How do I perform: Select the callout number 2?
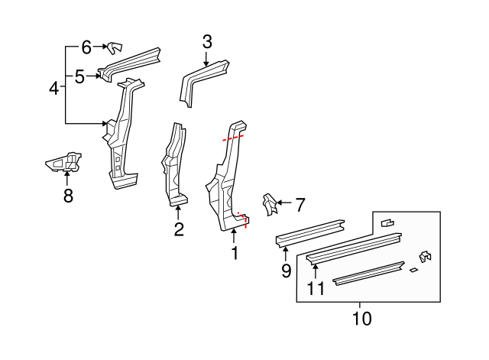pos(178,229)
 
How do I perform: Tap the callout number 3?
pos(207,42)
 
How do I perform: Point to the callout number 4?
pos(53,89)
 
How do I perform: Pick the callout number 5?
pos(79,76)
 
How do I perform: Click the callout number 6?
pos(86,47)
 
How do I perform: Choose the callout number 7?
pos(300,204)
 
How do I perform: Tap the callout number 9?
pos(286,270)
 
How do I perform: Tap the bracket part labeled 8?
pos(66,162)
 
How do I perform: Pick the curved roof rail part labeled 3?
pos(205,79)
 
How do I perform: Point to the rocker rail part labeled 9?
pos(309,232)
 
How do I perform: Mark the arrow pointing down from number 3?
pos(207,59)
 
